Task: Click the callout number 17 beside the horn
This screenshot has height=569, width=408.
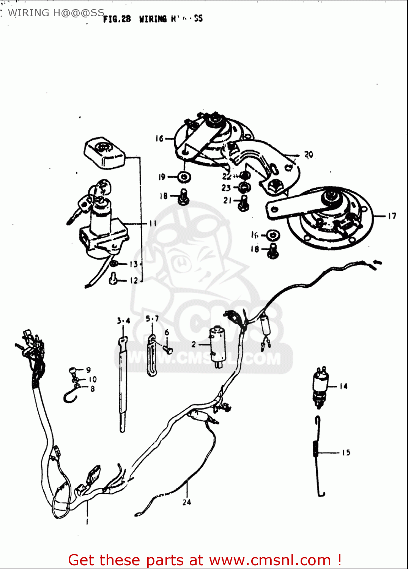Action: point(392,216)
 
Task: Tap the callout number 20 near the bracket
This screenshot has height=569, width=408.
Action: point(309,154)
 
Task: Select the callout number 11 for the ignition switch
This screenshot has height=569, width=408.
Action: point(153,223)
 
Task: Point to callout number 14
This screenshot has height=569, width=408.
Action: point(343,386)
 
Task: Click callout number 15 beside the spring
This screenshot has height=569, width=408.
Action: point(346,453)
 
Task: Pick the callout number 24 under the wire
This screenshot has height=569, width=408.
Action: point(187,502)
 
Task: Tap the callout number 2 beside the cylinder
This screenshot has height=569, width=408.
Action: point(194,344)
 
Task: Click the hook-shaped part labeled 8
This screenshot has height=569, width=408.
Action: point(70,397)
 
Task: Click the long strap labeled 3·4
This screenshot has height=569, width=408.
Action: point(123,383)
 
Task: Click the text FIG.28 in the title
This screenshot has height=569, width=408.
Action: point(117,19)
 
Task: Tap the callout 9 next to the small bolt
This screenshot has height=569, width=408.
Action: point(88,369)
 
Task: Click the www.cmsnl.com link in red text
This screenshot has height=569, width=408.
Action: point(270,560)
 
